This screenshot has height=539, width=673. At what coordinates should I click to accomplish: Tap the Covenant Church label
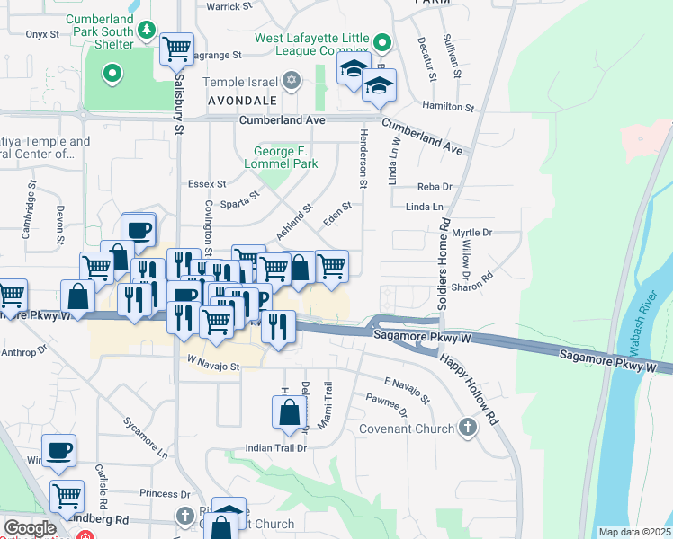point(408,429)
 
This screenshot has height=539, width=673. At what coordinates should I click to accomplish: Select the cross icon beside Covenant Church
point(467,427)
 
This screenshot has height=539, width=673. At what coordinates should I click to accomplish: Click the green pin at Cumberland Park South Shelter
point(112,73)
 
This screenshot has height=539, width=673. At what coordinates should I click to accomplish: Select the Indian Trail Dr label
point(277,447)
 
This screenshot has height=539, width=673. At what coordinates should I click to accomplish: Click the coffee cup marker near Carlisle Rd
point(58,450)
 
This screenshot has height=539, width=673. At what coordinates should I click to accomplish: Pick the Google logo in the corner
point(30,527)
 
